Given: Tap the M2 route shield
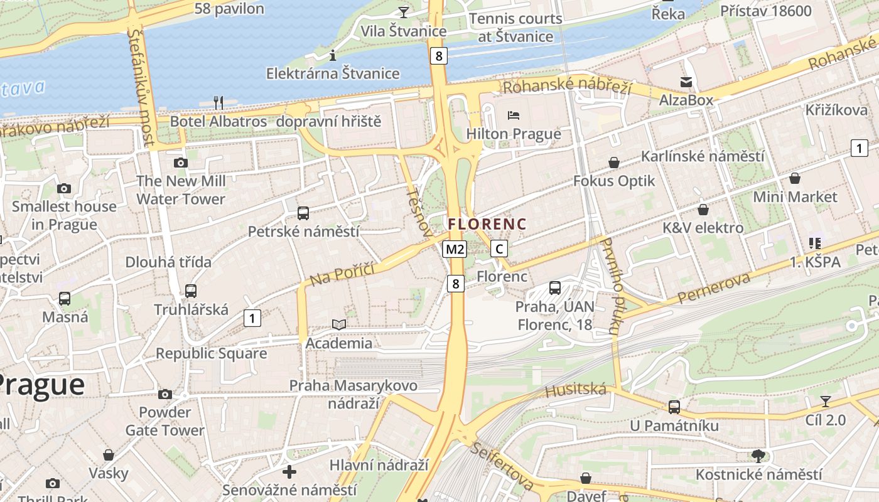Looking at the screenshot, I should click(x=455, y=249).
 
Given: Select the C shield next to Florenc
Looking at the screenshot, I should click(x=499, y=249).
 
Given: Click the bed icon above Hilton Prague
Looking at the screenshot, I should click(x=514, y=115).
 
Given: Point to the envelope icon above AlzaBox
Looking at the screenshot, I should click(x=686, y=82).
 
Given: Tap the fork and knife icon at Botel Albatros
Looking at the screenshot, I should click(x=218, y=102).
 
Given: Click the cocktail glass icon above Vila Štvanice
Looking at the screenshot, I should click(x=403, y=12).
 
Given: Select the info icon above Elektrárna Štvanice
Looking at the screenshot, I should click(x=333, y=55).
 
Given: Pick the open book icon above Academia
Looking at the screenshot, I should click(x=339, y=324).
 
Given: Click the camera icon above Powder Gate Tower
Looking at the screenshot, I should click(x=165, y=394).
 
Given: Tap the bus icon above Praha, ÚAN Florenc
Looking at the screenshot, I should click(x=555, y=288).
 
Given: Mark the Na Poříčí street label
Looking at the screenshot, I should click(x=342, y=274).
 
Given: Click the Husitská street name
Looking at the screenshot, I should click(x=576, y=391).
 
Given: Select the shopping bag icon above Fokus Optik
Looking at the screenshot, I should click(x=614, y=163).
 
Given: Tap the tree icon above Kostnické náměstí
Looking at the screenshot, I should click(x=758, y=456).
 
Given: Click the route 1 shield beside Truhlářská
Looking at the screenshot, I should click(x=252, y=318).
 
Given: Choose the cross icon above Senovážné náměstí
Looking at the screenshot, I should click(x=289, y=471).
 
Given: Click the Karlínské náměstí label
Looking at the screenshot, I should click(x=703, y=156).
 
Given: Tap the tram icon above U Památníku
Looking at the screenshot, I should click(x=674, y=407).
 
